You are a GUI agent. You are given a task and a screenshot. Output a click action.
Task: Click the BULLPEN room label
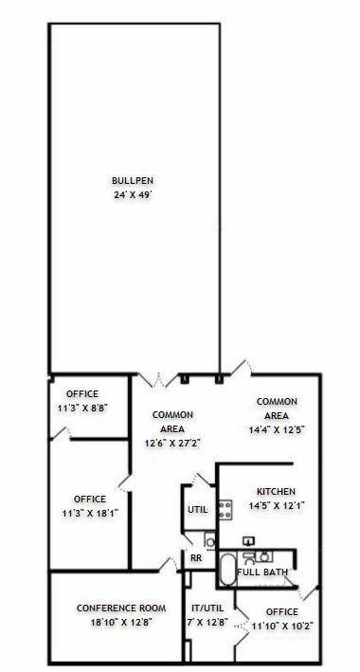[133, 181]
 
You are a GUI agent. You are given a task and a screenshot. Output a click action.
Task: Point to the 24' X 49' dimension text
[133, 195]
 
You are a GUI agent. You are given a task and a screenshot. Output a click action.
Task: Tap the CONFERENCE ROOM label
[121, 608]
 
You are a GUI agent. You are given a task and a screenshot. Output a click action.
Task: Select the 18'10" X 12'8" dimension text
[121, 623]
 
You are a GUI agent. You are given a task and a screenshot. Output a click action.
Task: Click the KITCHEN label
[276, 492]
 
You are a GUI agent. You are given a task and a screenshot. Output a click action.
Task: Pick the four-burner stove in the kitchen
[225, 510]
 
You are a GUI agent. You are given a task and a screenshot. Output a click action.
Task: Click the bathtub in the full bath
[227, 570]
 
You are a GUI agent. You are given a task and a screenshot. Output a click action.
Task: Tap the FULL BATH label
[261, 572]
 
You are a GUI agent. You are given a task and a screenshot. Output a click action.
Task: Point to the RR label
[196, 559]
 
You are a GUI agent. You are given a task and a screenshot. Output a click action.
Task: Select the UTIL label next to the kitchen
[198, 510]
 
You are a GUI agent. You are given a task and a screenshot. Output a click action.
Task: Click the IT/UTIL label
[207, 608]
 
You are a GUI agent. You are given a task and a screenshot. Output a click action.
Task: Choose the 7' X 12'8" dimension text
[207, 622]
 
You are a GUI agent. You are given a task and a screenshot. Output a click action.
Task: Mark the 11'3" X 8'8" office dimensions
[82, 408]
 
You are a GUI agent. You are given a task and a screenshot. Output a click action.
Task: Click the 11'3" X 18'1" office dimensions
[90, 514]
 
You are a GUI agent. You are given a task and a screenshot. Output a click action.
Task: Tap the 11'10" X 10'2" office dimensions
[282, 626]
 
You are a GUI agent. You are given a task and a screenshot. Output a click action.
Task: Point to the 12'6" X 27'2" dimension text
[172, 444]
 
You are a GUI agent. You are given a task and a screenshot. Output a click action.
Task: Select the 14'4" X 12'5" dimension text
[277, 430]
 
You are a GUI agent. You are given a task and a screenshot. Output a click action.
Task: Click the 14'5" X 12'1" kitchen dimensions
[277, 506]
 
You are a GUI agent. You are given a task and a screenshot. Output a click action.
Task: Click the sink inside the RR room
[210, 541]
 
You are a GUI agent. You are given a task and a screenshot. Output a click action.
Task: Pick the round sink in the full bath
[264, 556]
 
